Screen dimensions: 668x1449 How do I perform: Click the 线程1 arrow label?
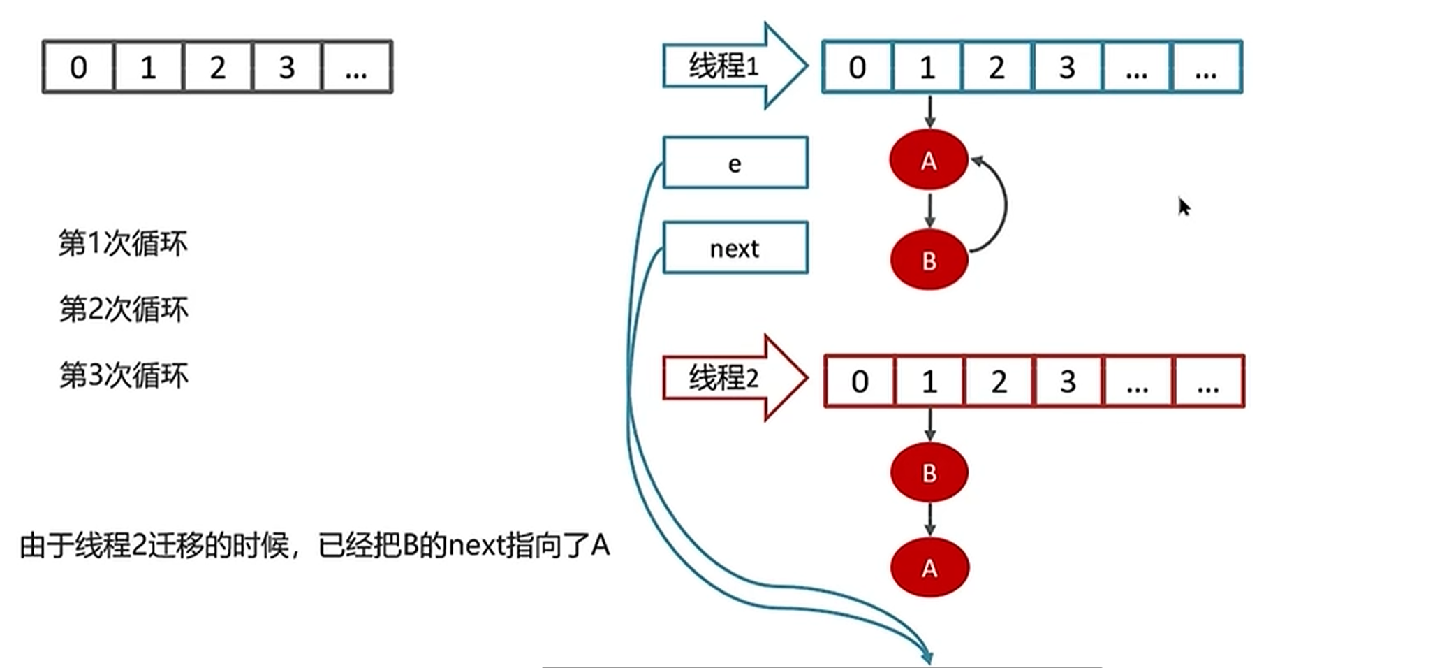pos(723,66)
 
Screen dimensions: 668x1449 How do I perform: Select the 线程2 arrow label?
pos(723,378)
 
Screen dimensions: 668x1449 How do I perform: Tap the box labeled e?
pos(735,163)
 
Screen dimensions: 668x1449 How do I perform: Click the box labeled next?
pos(735,248)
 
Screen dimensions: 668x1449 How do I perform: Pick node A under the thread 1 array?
pos(928,160)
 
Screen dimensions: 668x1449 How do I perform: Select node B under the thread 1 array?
pos(929,260)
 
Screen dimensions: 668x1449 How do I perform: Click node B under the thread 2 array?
pos(929,472)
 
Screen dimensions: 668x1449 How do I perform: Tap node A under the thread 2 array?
pos(929,567)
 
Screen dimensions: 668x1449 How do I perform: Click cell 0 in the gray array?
pos(78,67)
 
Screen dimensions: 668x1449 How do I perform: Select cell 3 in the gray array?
pos(286,67)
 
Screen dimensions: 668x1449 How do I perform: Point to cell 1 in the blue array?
pos(927,67)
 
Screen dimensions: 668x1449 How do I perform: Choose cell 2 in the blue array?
pos(996,67)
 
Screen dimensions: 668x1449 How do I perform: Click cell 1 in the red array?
pos(929,382)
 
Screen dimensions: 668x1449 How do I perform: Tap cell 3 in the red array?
pos(1068,382)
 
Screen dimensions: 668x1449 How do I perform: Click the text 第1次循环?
pos(123,243)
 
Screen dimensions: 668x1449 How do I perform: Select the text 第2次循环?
pos(124,309)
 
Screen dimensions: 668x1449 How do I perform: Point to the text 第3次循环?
pos(124,375)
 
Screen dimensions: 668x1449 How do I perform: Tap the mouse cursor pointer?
pos(1184,207)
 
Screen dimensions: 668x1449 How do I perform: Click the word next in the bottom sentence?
pos(475,545)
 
